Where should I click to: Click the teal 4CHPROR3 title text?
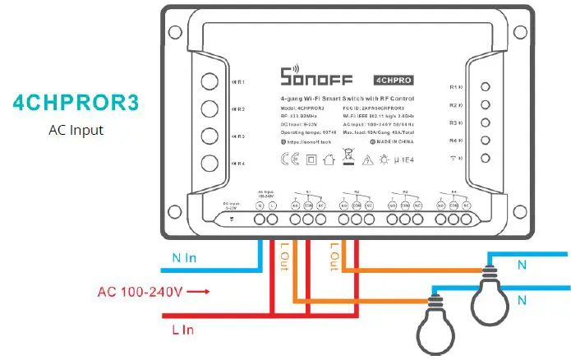coord(76,104)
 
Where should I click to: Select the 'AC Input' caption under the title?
coord(76,129)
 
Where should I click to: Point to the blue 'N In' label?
coord(184,256)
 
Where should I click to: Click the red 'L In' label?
coord(182,329)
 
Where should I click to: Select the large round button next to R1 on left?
coord(210,82)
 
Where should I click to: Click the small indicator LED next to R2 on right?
coord(486,104)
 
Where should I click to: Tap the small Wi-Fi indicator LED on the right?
coord(486,158)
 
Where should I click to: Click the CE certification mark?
coord(289,159)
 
